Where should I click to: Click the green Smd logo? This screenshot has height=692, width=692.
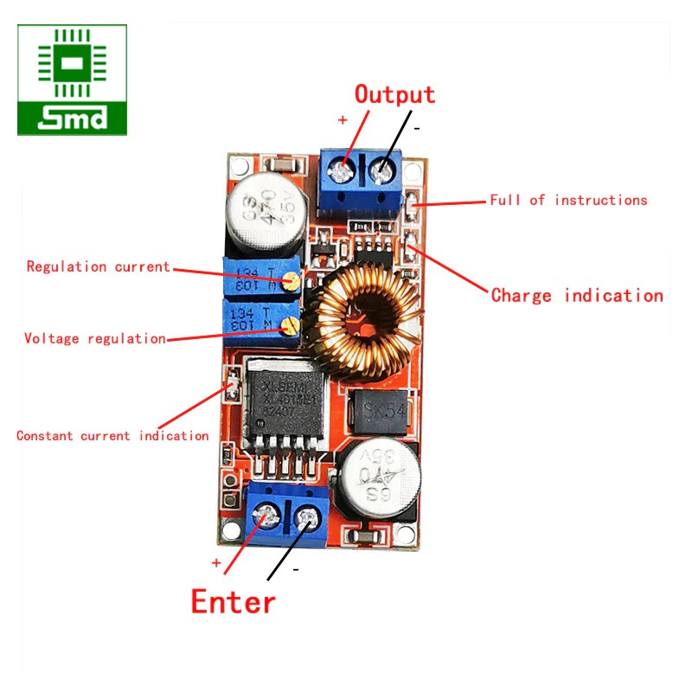(72, 80)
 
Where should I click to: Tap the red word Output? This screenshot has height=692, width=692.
(395, 94)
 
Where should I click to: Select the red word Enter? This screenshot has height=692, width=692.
(234, 600)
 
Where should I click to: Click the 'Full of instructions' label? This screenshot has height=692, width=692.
(568, 200)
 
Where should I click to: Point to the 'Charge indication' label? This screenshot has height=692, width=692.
(577, 295)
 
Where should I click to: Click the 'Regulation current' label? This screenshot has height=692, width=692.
(98, 266)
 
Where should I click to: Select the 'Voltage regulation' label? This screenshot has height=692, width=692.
(95, 338)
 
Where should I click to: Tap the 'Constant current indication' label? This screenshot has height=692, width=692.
(112, 436)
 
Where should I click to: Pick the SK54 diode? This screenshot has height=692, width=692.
(379, 410)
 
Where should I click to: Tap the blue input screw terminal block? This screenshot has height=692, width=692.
(285, 516)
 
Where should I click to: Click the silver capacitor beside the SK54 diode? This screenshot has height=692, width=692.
(381, 477)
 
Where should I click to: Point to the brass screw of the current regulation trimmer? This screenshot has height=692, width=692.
(293, 279)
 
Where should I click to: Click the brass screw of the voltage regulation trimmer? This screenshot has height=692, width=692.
(295, 324)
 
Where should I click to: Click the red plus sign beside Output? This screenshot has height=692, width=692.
(343, 120)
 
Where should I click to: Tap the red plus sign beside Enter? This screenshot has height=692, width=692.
(216, 562)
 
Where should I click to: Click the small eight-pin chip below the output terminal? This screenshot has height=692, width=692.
(374, 251)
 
